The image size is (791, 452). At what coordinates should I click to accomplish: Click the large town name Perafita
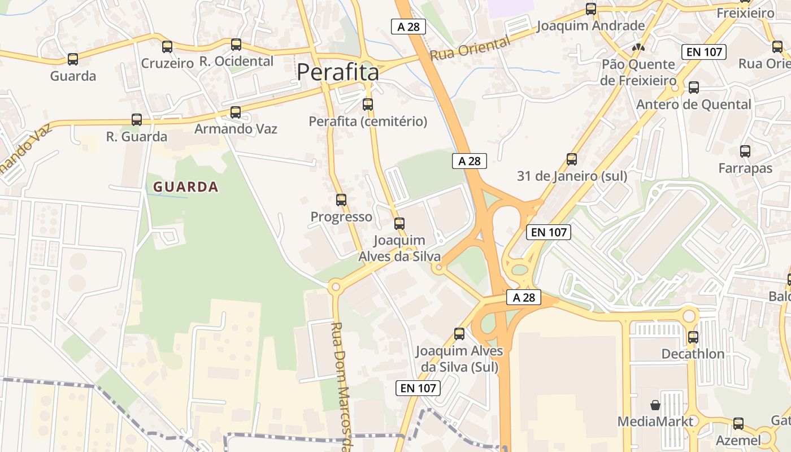tap(338, 72)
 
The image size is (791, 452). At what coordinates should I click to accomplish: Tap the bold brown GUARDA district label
tap(185, 187)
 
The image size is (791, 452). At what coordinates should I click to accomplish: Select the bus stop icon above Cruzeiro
tap(167, 47)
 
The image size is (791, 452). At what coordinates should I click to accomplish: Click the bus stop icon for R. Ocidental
tap(236, 45)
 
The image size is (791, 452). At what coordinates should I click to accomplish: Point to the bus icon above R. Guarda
tap(137, 120)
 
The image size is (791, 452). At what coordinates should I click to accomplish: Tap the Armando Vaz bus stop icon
tap(236, 112)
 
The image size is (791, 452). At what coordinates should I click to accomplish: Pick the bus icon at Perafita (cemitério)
tap(368, 105)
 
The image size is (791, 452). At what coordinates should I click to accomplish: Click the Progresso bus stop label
tap(341, 217)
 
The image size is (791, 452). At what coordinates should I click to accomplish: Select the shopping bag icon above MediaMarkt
tap(655, 405)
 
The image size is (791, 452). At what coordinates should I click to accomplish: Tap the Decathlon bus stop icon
tap(693, 337)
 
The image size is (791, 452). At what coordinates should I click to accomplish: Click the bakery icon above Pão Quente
tap(638, 48)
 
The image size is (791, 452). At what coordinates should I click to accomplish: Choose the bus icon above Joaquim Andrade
tap(591, 9)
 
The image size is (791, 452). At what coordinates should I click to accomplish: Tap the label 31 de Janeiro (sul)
tap(572, 176)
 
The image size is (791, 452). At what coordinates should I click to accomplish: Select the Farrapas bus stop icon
tap(745, 151)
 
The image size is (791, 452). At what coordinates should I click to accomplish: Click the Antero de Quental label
tap(693, 105)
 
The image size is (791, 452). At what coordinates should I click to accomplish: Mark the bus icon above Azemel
tap(738, 424)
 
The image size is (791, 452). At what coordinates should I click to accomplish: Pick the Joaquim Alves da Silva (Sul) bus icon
tap(459, 334)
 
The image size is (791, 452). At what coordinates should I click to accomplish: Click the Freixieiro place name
tap(745, 12)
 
